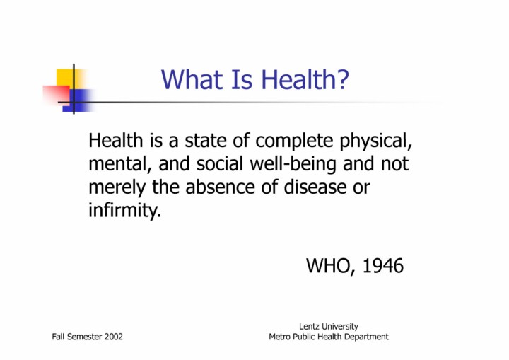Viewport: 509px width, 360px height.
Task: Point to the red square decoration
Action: (56, 94)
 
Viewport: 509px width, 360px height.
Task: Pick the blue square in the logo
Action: (78, 100)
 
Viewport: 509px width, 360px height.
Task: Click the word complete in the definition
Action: (294, 141)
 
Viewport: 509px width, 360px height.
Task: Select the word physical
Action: (375, 141)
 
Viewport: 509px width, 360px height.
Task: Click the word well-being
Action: (293, 164)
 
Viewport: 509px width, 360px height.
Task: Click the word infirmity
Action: (124, 211)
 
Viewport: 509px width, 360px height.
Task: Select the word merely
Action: (117, 188)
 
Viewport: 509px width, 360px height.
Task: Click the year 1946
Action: (382, 266)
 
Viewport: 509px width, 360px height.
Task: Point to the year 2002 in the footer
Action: (114, 337)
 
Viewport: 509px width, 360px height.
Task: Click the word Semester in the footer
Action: (86, 337)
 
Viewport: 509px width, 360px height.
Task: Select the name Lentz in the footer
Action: (308, 326)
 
